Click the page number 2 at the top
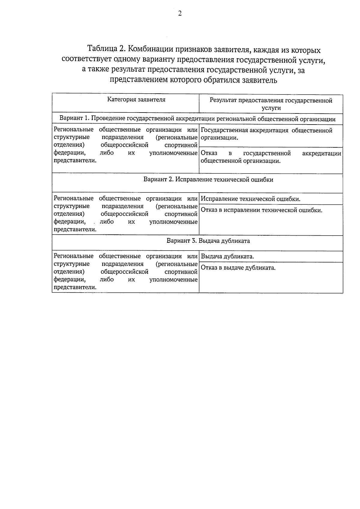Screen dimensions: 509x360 pos(180,14)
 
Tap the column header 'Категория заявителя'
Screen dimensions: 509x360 pos(136,100)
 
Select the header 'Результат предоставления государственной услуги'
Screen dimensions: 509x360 pos(271,104)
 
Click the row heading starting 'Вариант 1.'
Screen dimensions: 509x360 pos(197,119)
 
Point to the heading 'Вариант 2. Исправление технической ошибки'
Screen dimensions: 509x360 pos(208,180)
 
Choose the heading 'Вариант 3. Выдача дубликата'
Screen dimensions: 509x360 pos(208,241)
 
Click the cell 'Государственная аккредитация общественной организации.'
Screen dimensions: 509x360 pos(266,134)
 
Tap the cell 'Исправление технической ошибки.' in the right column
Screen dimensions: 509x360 pos(250,199)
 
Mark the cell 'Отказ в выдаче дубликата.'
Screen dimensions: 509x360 pos(238,268)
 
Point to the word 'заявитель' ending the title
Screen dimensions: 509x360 pos(260,80)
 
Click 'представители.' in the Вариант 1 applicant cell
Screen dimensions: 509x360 pos(75,161)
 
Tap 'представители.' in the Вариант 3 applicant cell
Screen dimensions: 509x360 pos(75,287)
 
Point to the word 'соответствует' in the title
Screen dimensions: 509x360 pos(87,59)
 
